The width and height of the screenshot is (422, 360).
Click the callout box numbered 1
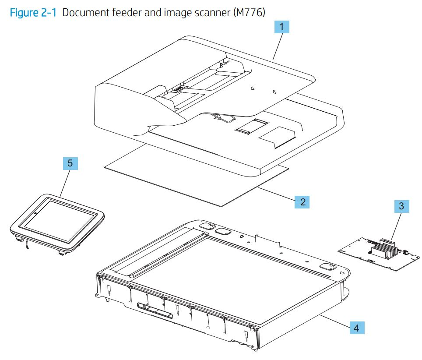[x=281, y=27]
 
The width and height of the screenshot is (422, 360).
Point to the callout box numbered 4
[x=356, y=328]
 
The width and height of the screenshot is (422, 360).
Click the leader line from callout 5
[x=64, y=182]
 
